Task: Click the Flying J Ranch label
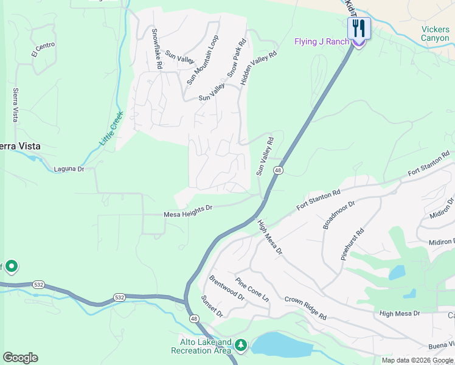pos(322,41)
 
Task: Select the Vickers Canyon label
pos(435,33)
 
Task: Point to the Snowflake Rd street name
pos(157,48)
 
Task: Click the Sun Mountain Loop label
pos(203,59)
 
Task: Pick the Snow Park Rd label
pos(237,58)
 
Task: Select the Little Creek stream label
pos(111,128)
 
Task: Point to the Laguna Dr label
pos(69,169)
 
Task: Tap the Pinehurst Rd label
pos(352,244)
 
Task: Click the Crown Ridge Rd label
pos(305,308)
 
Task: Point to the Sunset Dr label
pos(212,307)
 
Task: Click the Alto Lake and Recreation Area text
pos(201,346)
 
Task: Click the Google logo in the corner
pos(20,358)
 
